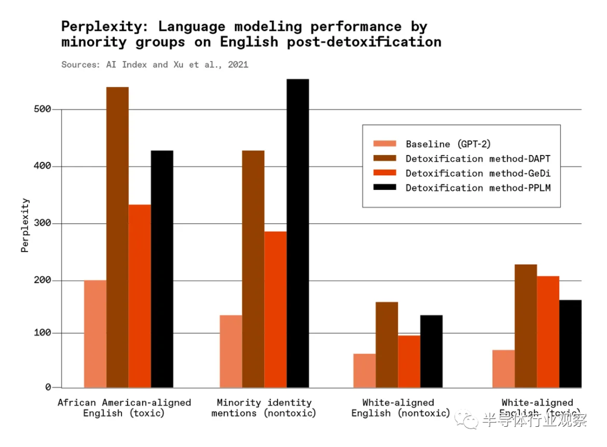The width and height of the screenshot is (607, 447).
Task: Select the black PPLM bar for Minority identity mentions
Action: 298,233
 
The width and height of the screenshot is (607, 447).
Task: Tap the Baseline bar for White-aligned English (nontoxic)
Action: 364,371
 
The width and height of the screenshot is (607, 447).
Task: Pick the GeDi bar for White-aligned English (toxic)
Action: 548,331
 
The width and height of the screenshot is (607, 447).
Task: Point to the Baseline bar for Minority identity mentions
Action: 231,351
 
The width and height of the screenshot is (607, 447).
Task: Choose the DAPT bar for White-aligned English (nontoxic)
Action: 387,344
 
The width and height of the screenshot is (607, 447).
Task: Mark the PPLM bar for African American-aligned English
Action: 162,269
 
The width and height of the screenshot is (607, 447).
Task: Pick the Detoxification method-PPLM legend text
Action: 478,188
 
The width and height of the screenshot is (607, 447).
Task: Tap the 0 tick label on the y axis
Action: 48,387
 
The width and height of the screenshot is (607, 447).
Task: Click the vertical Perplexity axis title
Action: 25,225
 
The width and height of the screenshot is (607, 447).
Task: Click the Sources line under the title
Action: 155,65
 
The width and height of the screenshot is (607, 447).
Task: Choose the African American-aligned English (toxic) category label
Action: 124,408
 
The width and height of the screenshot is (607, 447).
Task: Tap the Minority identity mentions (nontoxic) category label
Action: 264,408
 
